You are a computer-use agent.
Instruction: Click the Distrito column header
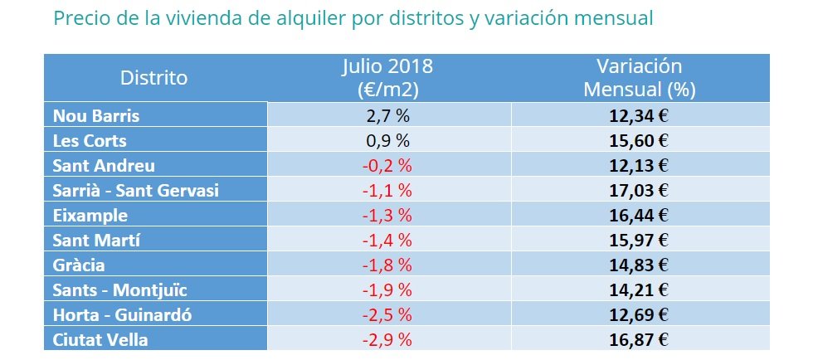point(154,78)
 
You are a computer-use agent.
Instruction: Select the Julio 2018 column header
point(387,78)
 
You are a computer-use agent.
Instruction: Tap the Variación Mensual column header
point(640,78)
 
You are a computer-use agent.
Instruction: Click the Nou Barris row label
point(96,115)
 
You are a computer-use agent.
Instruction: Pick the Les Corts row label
point(90,140)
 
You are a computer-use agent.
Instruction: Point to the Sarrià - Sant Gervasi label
point(136,191)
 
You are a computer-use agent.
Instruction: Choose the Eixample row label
point(90,216)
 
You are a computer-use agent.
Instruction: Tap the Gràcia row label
point(79,265)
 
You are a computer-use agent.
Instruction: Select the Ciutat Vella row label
point(100,340)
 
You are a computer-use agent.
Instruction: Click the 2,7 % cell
point(388,115)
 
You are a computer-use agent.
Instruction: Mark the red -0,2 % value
point(388,165)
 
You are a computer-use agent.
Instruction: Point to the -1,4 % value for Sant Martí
point(388,241)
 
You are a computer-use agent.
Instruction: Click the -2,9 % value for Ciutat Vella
point(388,340)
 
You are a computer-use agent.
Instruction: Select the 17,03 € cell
point(640,191)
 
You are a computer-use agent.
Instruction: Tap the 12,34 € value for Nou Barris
point(640,115)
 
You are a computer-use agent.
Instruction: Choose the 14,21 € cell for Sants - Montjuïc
point(640,290)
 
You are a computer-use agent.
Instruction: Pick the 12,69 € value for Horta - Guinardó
point(640,315)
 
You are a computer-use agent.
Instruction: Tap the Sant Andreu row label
point(104,165)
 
